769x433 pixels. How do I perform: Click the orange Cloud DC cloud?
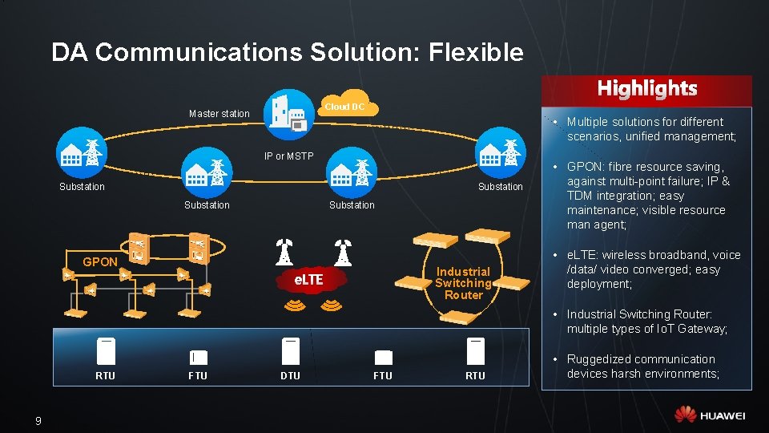click(345, 105)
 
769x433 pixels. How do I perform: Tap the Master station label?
click(219, 114)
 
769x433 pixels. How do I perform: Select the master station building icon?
click(288, 113)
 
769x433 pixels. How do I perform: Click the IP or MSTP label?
click(289, 156)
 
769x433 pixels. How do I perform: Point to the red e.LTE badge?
click(308, 280)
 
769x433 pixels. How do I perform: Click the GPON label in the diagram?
click(100, 262)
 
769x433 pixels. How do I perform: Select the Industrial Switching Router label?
click(463, 283)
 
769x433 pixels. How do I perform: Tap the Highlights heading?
click(647, 88)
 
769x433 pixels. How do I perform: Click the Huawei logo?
click(710, 415)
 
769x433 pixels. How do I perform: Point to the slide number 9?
click(38, 421)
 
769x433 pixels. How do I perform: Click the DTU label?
click(290, 376)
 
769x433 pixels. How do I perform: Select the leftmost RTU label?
click(105, 376)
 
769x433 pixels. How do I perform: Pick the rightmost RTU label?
click(476, 376)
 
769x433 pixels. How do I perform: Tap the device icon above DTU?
click(290, 350)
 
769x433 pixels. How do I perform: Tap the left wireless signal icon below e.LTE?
click(296, 306)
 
